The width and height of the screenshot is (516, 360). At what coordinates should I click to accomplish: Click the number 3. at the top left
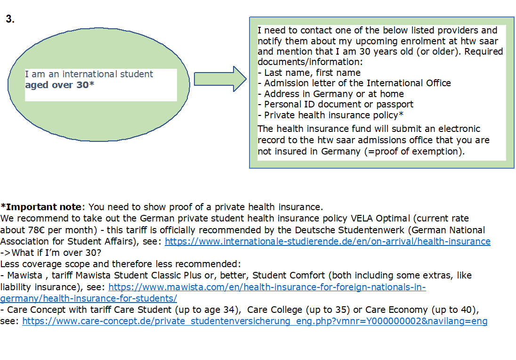coord(10,19)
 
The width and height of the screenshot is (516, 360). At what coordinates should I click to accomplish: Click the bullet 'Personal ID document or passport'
coord(339,104)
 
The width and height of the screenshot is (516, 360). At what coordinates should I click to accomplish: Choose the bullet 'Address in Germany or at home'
coord(334,94)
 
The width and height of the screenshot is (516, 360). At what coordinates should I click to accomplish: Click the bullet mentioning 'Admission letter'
coord(357,83)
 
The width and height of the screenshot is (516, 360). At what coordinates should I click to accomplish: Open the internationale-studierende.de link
coord(327,241)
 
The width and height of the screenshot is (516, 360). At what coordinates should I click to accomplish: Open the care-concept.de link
coord(255,321)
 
